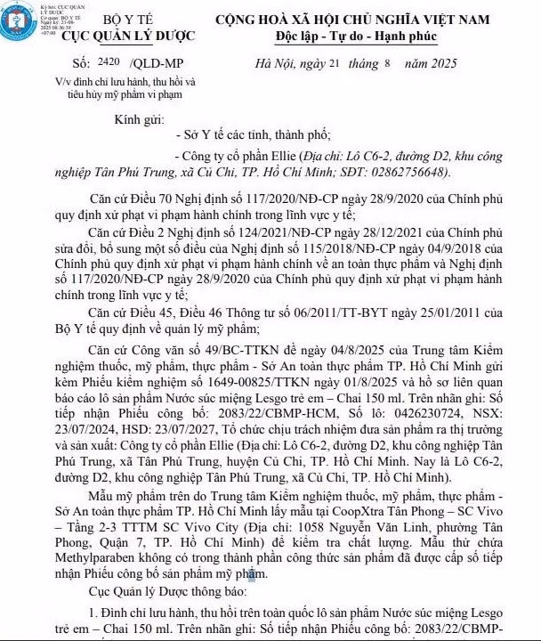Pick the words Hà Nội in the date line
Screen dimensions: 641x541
(x=275, y=64)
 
